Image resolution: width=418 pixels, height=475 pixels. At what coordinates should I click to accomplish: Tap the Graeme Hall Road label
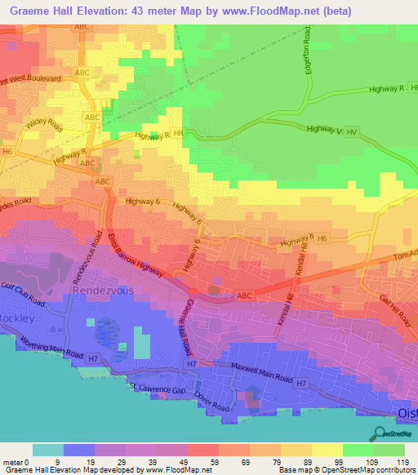[185, 326]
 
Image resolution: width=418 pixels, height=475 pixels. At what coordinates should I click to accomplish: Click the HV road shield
[352, 131]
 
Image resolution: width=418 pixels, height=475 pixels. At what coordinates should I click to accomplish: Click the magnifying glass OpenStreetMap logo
[379, 434]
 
